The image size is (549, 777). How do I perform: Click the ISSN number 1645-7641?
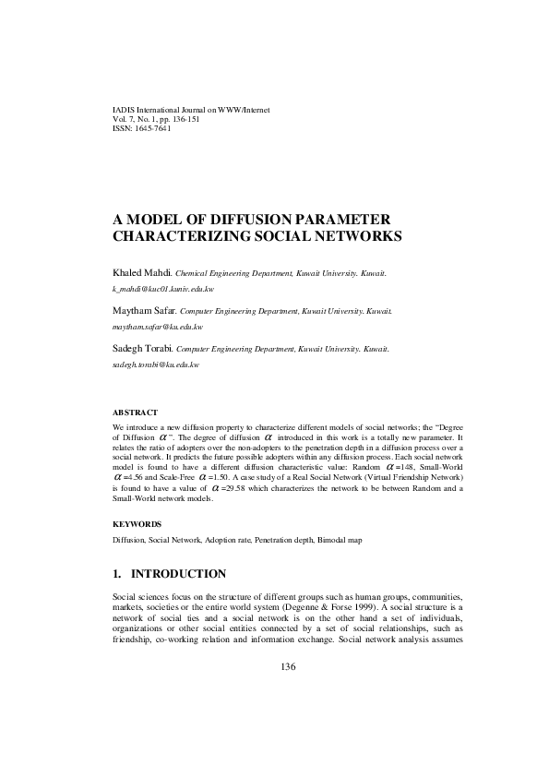click(x=151, y=128)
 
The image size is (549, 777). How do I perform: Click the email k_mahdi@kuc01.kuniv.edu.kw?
click(x=162, y=289)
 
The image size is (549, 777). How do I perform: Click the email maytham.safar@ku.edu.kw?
click(x=157, y=327)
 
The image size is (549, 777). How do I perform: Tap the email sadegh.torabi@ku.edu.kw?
click(x=155, y=365)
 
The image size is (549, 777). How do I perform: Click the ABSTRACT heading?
click(x=135, y=412)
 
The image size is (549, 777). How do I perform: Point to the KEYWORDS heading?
click(x=137, y=523)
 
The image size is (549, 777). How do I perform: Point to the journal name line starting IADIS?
click(x=190, y=110)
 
